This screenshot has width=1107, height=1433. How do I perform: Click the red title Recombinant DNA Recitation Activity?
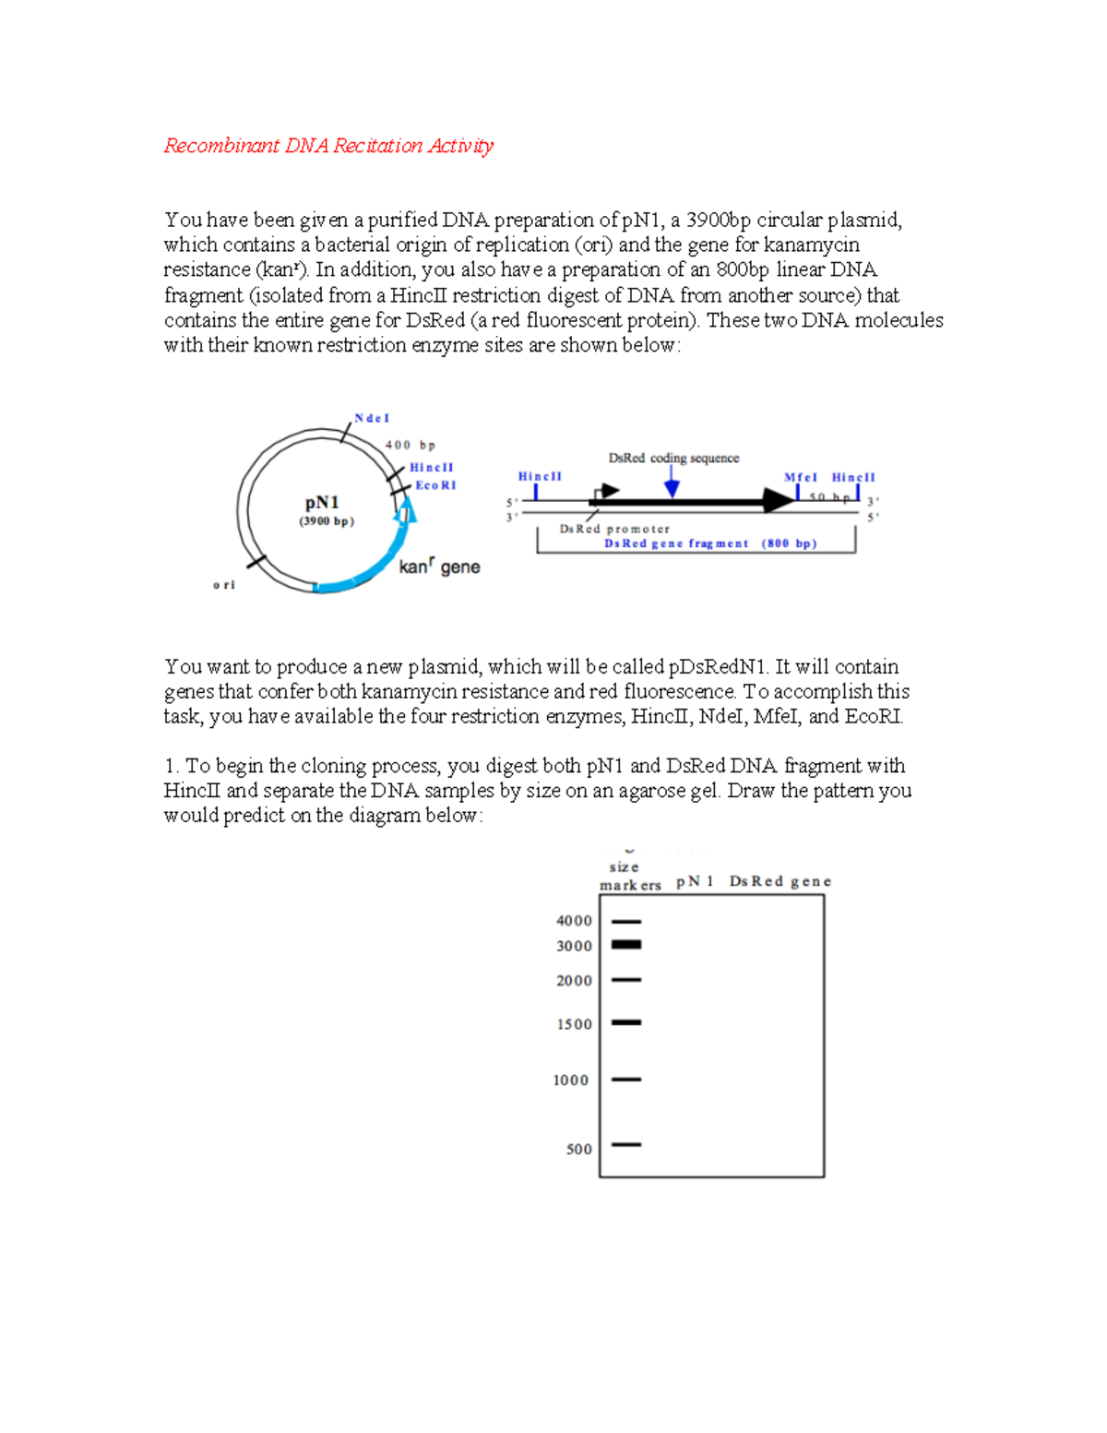(x=328, y=146)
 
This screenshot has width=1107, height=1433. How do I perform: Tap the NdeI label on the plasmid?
(x=372, y=418)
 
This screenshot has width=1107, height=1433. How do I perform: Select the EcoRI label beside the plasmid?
(x=435, y=485)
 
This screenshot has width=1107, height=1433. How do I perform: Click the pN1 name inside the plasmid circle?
(x=322, y=503)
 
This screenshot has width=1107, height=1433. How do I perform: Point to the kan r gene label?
(x=439, y=567)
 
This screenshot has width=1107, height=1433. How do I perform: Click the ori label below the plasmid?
(x=224, y=585)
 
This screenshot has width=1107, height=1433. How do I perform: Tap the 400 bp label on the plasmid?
(x=410, y=445)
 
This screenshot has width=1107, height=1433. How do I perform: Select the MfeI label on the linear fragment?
(x=801, y=477)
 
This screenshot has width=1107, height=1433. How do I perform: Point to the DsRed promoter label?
(x=614, y=529)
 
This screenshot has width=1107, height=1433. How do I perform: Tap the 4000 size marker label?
(x=574, y=921)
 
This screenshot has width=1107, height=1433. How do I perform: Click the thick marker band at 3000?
(x=626, y=944)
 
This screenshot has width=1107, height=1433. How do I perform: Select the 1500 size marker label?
(x=574, y=1024)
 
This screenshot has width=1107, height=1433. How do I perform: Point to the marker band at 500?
(x=626, y=1144)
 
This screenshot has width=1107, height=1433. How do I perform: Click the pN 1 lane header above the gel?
(x=695, y=881)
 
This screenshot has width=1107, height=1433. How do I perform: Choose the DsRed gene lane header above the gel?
(x=780, y=881)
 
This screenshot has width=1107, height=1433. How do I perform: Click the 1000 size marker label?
(x=570, y=1081)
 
